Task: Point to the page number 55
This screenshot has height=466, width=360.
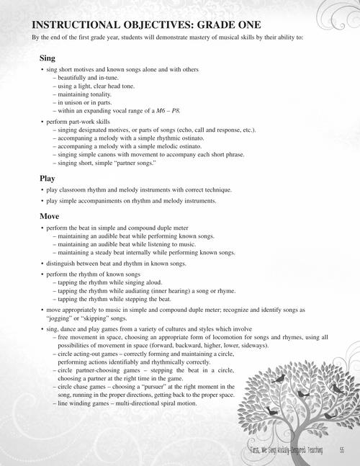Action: click(x=341, y=451)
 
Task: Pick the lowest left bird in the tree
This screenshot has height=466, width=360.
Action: click(x=270, y=411)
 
